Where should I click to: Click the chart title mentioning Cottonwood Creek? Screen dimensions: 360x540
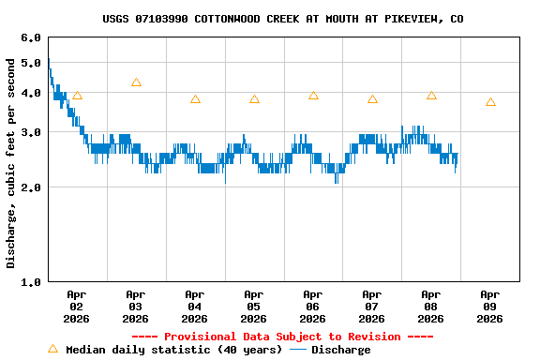click(x=282, y=19)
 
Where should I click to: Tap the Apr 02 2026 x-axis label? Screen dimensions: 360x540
click(x=77, y=306)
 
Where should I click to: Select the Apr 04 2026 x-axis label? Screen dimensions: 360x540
click(x=195, y=306)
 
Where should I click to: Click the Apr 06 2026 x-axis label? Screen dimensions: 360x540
click(x=313, y=306)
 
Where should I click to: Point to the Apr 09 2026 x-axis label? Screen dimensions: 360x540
click(x=489, y=306)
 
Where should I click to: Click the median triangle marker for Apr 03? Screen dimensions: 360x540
click(x=136, y=82)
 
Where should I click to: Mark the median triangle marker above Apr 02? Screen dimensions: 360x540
click(x=77, y=96)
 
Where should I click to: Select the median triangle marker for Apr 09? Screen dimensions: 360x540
click(x=490, y=102)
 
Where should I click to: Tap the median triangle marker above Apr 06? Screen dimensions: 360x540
click(x=313, y=96)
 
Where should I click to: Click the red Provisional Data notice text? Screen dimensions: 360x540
click(x=282, y=337)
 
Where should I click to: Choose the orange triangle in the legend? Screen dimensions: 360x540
click(x=52, y=349)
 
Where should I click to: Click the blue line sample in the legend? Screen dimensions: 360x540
click(x=298, y=350)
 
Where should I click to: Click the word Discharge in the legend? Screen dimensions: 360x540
click(x=340, y=350)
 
